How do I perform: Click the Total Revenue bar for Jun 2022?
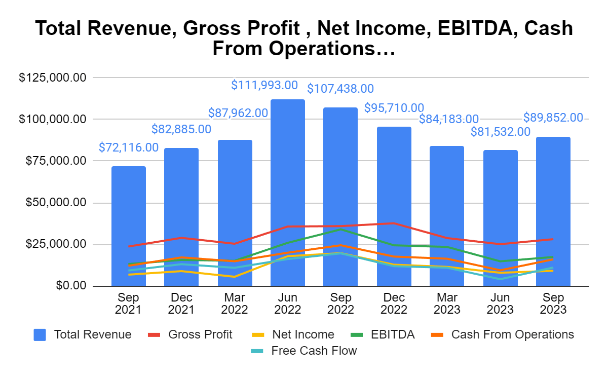288,193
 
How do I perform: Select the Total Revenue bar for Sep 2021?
129,226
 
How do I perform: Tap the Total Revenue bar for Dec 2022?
394,206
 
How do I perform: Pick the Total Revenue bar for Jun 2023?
501,218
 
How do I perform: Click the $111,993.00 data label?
264,85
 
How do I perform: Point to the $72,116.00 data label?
129,147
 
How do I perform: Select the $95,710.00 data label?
394,108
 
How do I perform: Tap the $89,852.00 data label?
553,118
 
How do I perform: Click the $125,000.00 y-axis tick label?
52,78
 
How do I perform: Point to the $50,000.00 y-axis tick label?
56,203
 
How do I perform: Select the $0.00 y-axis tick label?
71,286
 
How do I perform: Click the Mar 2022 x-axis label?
235,304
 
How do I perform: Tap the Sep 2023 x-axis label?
553,304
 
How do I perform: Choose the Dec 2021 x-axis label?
181,304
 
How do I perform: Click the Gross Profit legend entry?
190,334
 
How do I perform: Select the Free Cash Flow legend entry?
303,351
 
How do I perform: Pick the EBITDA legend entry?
383,334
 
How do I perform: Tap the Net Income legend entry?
293,334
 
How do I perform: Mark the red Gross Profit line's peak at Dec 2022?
394,223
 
